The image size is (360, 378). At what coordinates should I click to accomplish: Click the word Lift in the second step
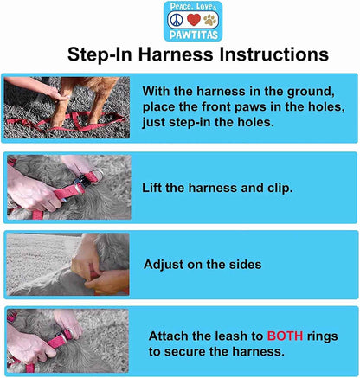click(156, 188)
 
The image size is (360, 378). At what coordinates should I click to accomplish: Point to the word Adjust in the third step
click(165, 265)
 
